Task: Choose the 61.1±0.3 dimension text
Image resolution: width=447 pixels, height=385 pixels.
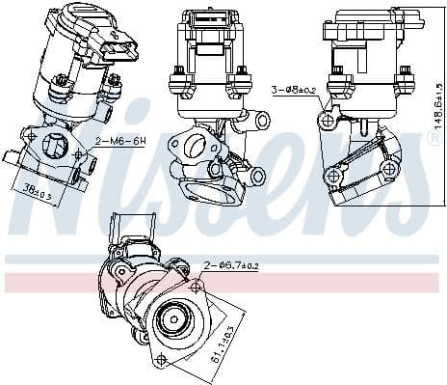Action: (x=221, y=344)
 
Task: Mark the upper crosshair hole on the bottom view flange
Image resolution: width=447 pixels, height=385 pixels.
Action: (x=197, y=287)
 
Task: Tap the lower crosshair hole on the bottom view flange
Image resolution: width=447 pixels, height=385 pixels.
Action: (x=162, y=360)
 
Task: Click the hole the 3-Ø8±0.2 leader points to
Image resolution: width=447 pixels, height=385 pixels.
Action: (x=329, y=122)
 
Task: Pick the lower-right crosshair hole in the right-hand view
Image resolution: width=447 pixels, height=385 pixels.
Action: (x=389, y=170)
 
